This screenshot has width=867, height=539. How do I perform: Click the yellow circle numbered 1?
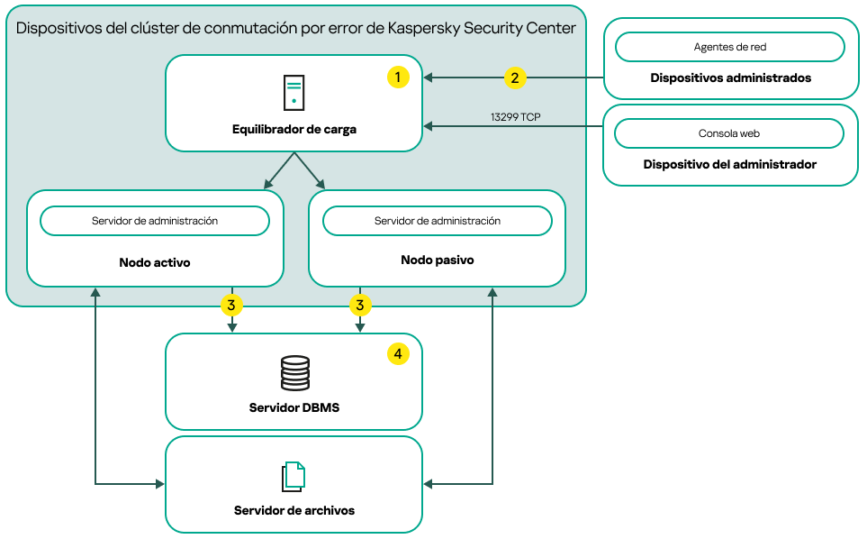pyautogui.click(x=398, y=78)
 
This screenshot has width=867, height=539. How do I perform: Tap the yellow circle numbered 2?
pyautogui.click(x=514, y=78)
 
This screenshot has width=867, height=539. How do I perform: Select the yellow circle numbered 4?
pyautogui.click(x=398, y=354)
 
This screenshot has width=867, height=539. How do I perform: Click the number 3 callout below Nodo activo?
pyautogui.click(x=231, y=306)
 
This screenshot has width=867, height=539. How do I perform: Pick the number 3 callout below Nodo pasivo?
pyautogui.click(x=360, y=306)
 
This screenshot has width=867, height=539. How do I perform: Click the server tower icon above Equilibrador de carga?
pyautogui.click(x=294, y=94)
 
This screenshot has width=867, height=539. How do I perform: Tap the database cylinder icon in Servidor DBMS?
pyautogui.click(x=294, y=372)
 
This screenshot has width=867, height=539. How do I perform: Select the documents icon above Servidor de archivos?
pyautogui.click(x=294, y=477)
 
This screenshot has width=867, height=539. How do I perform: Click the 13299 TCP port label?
pyautogui.click(x=515, y=117)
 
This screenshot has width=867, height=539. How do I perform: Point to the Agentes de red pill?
pyautogui.click(x=729, y=47)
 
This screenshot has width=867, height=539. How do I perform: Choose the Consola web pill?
pyautogui.click(x=729, y=133)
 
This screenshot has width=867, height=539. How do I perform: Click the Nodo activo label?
pyautogui.click(x=155, y=263)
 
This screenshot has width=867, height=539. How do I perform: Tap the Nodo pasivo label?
pyautogui.click(x=437, y=260)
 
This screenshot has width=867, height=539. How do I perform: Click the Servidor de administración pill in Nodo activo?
pyautogui.click(x=155, y=221)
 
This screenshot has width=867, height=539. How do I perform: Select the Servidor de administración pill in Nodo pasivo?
pyautogui.click(x=437, y=221)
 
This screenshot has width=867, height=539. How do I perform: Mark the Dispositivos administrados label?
pyautogui.click(x=730, y=78)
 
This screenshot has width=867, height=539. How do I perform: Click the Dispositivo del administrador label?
pyautogui.click(x=730, y=165)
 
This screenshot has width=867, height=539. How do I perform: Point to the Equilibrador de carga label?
pyautogui.click(x=294, y=130)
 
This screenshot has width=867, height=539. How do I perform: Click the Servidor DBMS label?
pyautogui.click(x=294, y=407)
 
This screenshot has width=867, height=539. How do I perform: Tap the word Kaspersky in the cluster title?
pyautogui.click(x=425, y=28)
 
